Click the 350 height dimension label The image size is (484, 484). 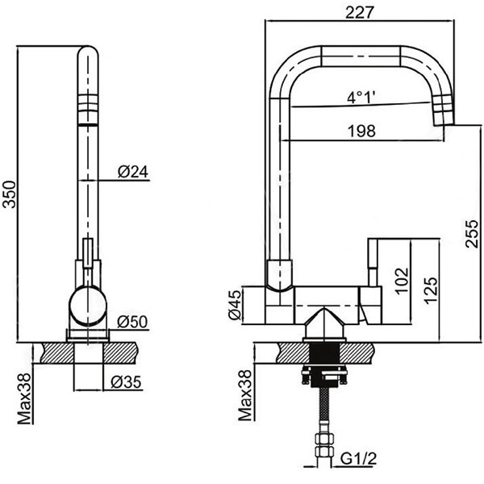(9, 192)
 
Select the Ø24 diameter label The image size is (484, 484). (131, 171)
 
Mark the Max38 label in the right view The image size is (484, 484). (244, 396)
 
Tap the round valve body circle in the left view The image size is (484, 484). (88, 306)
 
